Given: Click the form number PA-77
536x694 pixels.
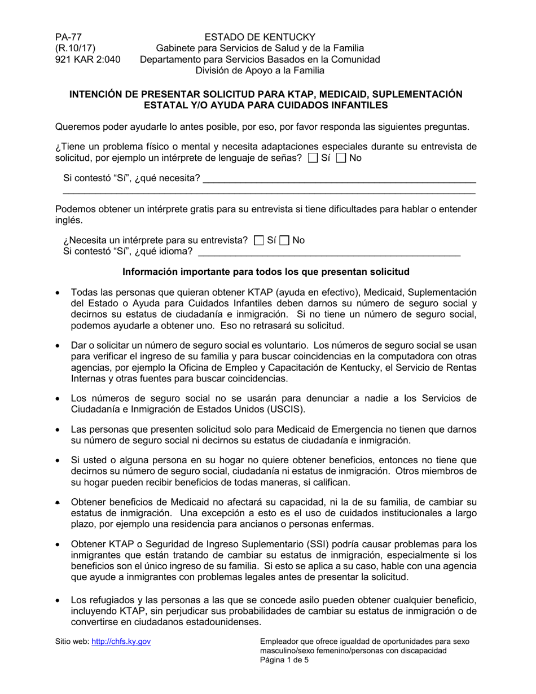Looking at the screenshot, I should [65, 37].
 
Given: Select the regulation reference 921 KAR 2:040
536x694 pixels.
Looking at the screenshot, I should [87, 59].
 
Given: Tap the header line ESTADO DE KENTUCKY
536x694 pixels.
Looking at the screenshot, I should [260, 37].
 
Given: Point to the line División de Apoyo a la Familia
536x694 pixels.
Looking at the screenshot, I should [260, 71].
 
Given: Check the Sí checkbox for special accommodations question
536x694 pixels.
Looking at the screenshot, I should [313, 159].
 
